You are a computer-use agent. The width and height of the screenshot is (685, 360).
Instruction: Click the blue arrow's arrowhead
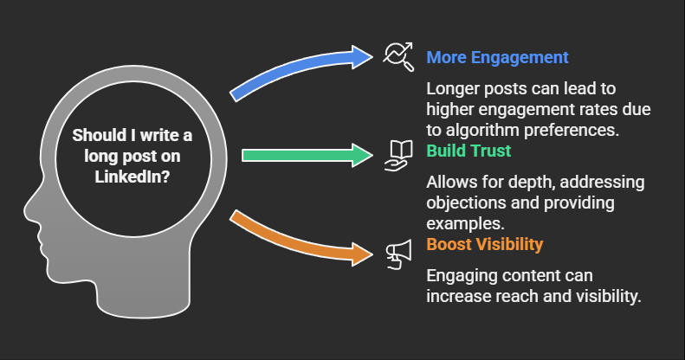[363, 57]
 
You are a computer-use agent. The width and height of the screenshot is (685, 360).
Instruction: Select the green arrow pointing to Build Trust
[307, 156]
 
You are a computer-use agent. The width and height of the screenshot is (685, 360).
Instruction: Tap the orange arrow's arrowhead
[363, 254]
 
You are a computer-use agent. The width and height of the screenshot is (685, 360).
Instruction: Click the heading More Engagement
[497, 57]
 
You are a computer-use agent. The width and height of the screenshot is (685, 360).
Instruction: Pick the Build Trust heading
[469, 151]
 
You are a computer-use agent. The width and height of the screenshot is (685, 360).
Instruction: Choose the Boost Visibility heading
[484, 244]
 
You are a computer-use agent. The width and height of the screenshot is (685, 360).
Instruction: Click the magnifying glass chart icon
[398, 57]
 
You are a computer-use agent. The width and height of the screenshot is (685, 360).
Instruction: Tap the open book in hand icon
[398, 156]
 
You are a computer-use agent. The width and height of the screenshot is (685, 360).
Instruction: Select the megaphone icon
[399, 254]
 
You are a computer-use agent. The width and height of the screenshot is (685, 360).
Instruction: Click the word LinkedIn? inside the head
[132, 177]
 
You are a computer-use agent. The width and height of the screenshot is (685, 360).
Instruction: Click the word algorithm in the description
[481, 130]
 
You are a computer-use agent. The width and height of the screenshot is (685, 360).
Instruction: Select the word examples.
[465, 224]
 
